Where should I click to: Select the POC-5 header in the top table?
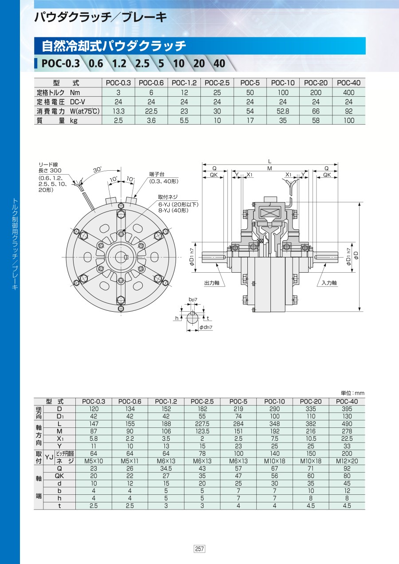[x=250, y=83]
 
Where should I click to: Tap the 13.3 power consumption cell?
[x=118, y=111]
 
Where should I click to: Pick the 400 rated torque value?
[x=348, y=92]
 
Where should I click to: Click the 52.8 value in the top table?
[x=283, y=111]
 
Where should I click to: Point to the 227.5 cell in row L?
[x=202, y=424]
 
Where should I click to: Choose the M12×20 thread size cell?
[x=347, y=461]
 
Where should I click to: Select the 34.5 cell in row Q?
[x=166, y=468]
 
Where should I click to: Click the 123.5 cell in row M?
[x=202, y=431]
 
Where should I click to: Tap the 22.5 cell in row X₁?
[x=347, y=439]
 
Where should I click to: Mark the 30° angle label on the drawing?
[x=98, y=170]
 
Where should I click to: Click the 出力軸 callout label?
[x=212, y=283]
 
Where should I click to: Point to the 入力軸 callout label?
[x=329, y=283]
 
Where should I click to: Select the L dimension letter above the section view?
[x=270, y=161]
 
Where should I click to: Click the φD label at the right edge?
[x=356, y=255]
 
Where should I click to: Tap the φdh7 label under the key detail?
[x=206, y=327]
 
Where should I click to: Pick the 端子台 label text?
[x=156, y=174]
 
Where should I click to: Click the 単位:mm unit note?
[x=352, y=393]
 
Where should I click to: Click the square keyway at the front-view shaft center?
[x=127, y=257]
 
